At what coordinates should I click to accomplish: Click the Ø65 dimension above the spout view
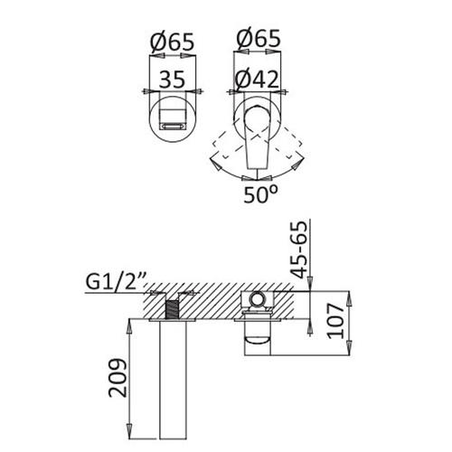pos(172,42)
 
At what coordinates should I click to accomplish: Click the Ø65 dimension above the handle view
pos(259,38)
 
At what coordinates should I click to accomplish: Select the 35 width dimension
pos(172,80)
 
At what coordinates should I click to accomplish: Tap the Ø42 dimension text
pos(257,80)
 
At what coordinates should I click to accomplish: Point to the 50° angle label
pos(260,194)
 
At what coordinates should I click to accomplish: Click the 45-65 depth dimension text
pos(299,250)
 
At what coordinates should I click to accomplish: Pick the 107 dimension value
pos(336,321)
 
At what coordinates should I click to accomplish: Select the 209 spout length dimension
pos(118,378)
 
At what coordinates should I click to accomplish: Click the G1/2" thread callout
pos(116,281)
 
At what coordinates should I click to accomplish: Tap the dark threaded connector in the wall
pos(172,309)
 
